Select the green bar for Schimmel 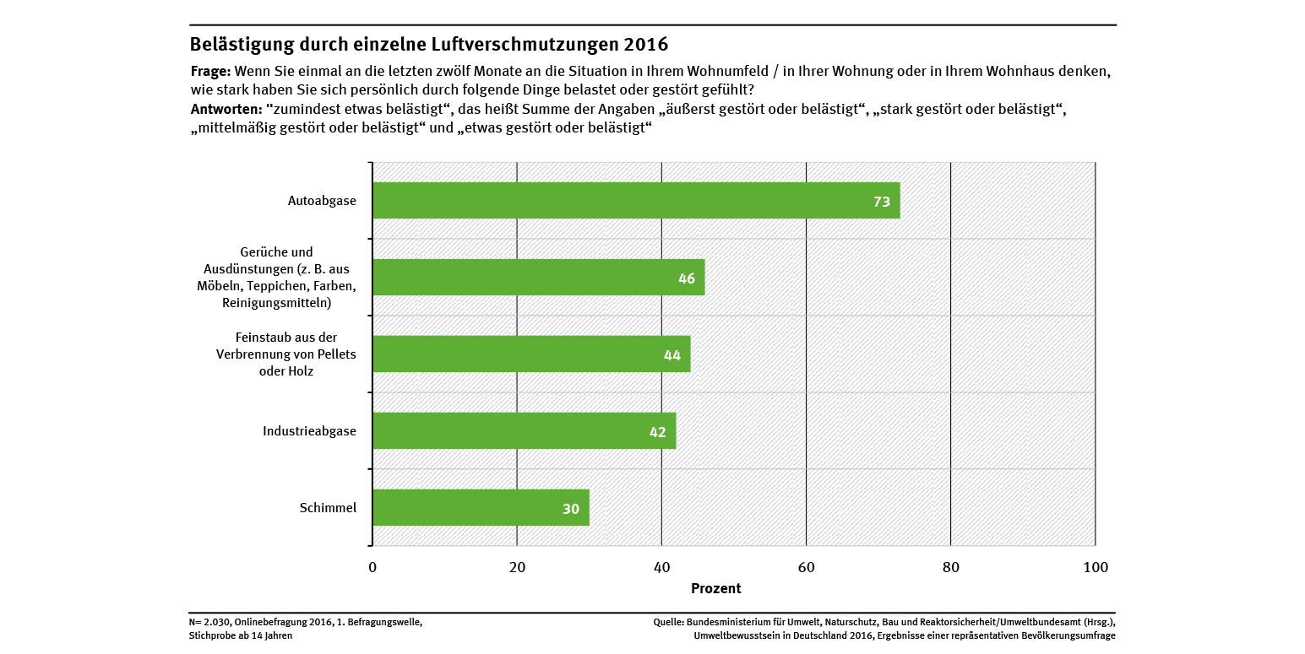coord(481,508)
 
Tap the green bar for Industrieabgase coord(524,431)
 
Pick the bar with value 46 coord(538,278)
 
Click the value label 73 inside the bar coord(882,202)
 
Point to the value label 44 coord(672,355)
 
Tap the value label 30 coord(571,509)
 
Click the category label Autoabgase coord(322,202)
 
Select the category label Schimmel coord(328,508)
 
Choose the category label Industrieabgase coord(309,431)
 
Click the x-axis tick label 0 coord(372,568)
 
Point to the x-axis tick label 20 coord(517,568)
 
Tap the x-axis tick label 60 coord(806,568)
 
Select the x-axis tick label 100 coord(1095,568)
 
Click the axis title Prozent coord(715,588)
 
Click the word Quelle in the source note coord(669,622)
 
